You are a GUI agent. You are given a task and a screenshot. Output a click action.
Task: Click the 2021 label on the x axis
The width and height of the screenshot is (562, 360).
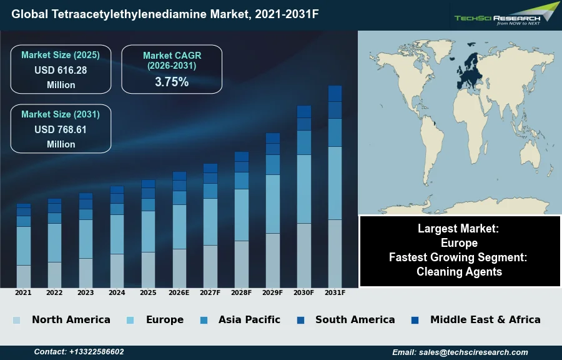point(23,292)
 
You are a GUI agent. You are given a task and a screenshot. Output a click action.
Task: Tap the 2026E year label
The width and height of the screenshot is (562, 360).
point(179,292)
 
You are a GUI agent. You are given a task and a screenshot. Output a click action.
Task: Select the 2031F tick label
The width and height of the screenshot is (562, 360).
point(335,292)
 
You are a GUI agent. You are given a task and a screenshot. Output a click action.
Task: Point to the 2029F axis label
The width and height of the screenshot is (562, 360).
point(273,292)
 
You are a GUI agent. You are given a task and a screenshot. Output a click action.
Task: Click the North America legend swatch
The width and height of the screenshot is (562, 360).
point(16,320)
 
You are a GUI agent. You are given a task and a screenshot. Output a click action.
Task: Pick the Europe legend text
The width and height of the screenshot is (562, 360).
point(165,319)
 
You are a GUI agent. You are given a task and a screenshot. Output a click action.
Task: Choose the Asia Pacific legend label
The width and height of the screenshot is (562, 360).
point(249,319)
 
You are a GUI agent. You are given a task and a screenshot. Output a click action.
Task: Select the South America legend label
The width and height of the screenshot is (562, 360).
point(355,319)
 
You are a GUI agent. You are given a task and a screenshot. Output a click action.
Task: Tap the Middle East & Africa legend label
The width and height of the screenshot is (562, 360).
point(485,319)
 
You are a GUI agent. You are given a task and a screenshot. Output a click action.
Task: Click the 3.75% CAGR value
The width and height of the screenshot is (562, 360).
point(172,82)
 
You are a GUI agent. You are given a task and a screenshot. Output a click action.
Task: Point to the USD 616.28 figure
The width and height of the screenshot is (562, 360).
point(61,70)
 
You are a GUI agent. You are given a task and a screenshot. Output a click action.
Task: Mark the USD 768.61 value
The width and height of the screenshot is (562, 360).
point(61,129)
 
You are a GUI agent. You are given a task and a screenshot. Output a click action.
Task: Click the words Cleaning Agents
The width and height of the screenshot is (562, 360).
point(459,271)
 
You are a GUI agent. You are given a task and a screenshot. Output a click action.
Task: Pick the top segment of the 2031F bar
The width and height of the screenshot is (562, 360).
point(335,93)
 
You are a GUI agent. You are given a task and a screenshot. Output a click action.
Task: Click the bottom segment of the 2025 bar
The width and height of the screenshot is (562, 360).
point(148,269)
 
